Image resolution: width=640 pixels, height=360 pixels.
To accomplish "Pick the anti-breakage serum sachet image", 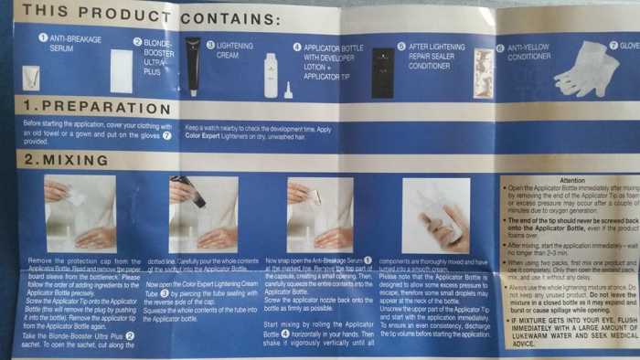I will [x=30, y=77].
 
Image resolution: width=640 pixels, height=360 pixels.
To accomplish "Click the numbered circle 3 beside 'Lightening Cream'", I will [x=209, y=43].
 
